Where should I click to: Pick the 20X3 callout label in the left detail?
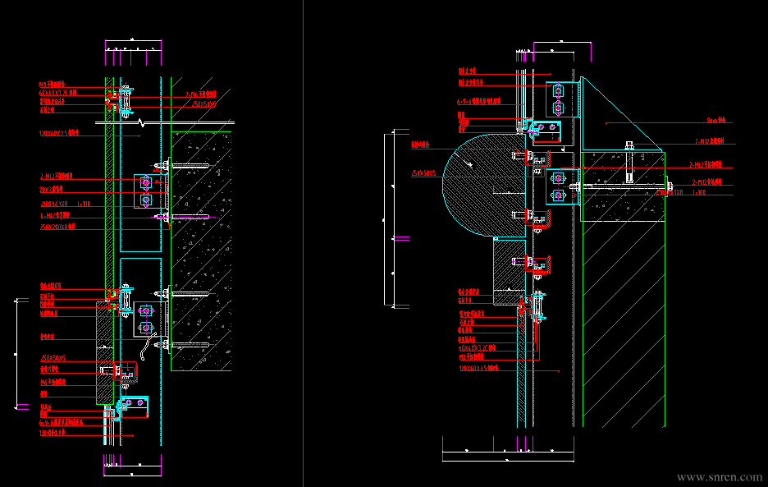[x=48, y=190]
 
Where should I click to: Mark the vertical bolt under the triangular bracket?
[x=629, y=163]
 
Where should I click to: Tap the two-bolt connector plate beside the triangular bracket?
[x=558, y=99]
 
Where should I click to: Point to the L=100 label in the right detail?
[x=699, y=193]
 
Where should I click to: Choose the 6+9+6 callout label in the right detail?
[x=479, y=101]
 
